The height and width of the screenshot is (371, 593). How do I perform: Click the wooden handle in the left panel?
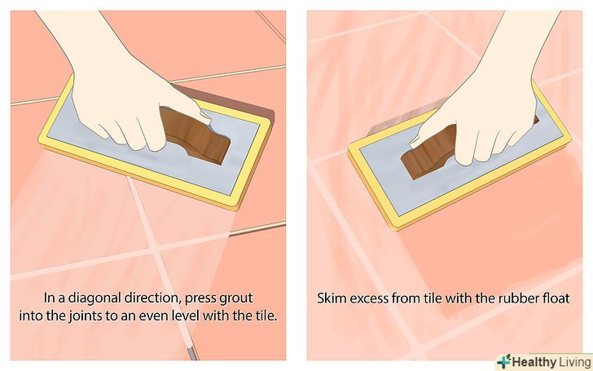[x=195, y=135]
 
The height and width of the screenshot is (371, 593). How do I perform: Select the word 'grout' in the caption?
[x=235, y=298]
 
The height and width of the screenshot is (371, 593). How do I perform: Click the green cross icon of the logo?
[x=503, y=362]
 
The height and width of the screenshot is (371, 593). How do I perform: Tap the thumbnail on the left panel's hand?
[x=205, y=117]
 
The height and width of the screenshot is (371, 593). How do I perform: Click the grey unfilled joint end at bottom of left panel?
[x=192, y=354]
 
